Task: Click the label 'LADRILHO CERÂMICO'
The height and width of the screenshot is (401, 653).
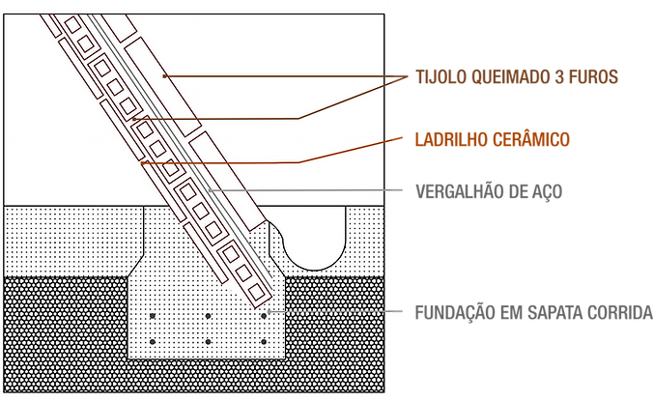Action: [x=494, y=139]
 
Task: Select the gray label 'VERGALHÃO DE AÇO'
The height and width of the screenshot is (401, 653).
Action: [x=489, y=190]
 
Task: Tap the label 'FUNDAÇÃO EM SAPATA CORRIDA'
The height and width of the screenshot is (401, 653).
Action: [x=532, y=312]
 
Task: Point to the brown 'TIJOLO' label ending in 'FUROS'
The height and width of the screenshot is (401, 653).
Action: [x=516, y=76]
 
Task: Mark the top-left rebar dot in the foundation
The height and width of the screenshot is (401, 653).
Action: [x=153, y=316]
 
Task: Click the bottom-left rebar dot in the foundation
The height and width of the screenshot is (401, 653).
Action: [x=153, y=342]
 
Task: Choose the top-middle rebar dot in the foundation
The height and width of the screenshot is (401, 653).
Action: [x=208, y=316]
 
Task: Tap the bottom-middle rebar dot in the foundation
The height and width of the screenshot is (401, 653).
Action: [x=208, y=342]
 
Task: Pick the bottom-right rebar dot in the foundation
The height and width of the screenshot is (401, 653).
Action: [x=263, y=342]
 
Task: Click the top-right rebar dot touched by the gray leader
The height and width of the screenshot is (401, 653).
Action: [x=263, y=315]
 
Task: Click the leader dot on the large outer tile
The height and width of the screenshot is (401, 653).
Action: [x=164, y=74]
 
